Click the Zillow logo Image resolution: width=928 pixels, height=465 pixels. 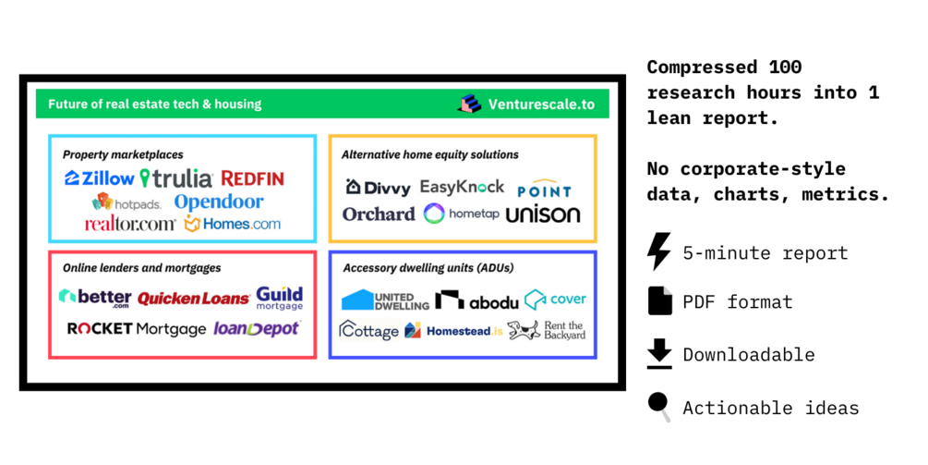click(100, 178)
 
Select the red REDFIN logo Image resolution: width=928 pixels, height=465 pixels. click(252, 178)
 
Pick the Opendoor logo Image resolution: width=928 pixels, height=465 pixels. click(219, 202)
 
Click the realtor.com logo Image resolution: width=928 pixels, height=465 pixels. click(130, 225)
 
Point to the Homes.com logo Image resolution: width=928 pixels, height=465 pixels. click(233, 224)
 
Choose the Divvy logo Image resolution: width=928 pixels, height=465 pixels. click(379, 188)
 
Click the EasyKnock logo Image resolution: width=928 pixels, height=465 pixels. click(462, 187)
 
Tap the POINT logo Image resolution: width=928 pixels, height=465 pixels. click(544, 190)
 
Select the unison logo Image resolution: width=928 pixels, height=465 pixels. click(543, 214)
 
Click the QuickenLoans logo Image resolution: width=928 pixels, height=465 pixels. click(194, 299)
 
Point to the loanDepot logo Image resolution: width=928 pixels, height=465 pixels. click(257, 328)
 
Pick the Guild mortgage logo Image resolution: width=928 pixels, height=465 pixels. click(280, 298)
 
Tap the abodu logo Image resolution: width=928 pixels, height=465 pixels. click(476, 300)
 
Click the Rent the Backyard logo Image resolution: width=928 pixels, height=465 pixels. click(547, 330)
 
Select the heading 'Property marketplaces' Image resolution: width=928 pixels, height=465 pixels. click(123, 154)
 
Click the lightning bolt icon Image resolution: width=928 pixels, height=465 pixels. click(659, 251)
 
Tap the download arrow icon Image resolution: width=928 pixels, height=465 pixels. click(659, 354)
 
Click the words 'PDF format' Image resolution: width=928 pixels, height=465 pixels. click(737, 302)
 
